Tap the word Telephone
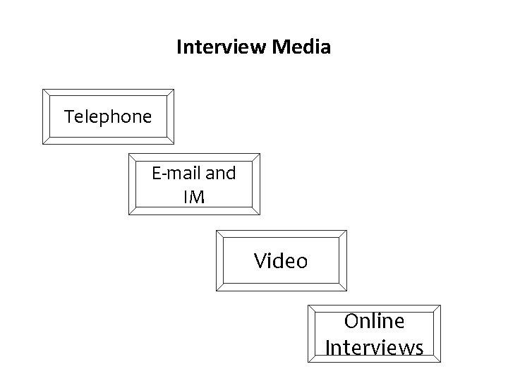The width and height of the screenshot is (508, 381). tap(108, 116)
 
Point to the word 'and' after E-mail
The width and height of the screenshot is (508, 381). tap(220, 172)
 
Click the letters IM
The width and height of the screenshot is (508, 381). tap(194, 198)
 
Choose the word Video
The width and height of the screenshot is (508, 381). tap(281, 261)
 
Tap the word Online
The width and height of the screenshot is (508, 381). tap(374, 321)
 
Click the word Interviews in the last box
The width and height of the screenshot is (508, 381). tap(374, 348)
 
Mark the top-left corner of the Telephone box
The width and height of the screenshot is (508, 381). tap(42, 89)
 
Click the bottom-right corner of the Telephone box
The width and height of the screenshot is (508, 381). tap(174, 144)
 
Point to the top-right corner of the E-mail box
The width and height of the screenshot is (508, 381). tap(260, 153)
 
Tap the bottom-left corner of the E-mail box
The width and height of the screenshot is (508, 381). tap(128, 214)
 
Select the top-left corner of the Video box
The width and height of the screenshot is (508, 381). tap(215, 230)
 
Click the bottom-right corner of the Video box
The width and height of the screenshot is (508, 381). tap(346, 290)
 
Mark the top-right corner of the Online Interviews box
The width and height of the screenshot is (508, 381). tap(440, 306)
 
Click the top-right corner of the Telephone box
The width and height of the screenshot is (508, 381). tap(174, 89)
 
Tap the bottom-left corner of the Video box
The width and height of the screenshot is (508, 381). tap(215, 290)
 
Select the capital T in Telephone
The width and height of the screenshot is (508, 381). tap(68, 116)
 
